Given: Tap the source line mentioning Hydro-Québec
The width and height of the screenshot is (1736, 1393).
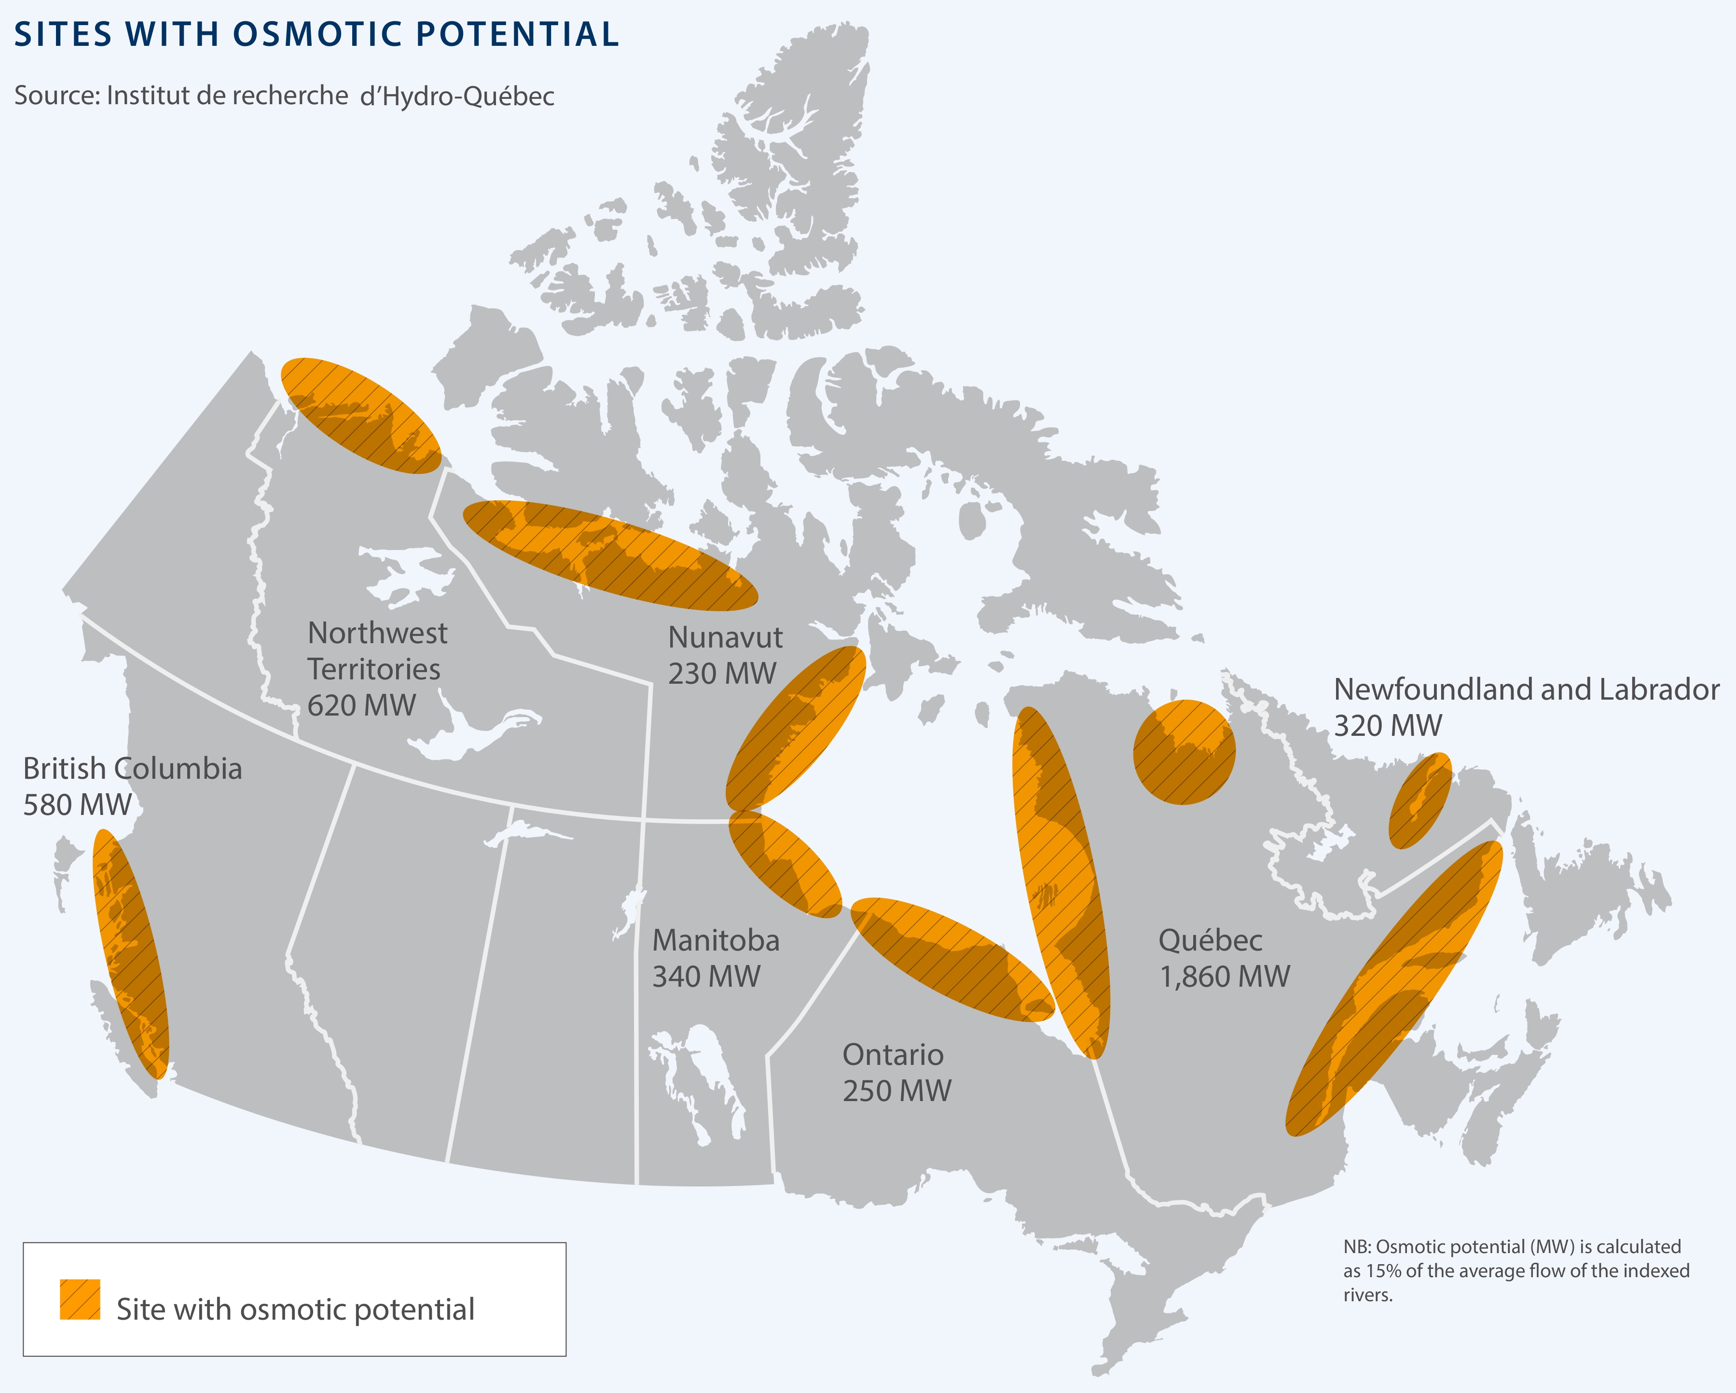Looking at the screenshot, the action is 284,96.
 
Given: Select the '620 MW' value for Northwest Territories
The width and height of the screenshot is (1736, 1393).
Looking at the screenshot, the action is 361,705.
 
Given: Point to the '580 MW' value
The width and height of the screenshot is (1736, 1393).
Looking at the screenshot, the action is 77,804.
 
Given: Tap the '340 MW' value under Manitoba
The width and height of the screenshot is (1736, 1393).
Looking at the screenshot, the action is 706,976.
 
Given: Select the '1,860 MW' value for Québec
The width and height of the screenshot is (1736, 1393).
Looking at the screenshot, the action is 1224,977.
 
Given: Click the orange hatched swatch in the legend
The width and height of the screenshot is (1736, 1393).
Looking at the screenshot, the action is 80,1299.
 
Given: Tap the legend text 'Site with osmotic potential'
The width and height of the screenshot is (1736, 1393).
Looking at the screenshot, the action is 295,1309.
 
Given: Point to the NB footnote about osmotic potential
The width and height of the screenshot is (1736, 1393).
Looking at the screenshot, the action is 1516,1270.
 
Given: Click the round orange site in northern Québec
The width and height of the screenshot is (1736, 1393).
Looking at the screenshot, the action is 1184,752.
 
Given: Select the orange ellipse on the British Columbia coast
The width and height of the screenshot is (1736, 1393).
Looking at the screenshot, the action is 131,954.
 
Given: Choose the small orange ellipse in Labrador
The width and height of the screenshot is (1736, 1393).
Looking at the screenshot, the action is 1420,800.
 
